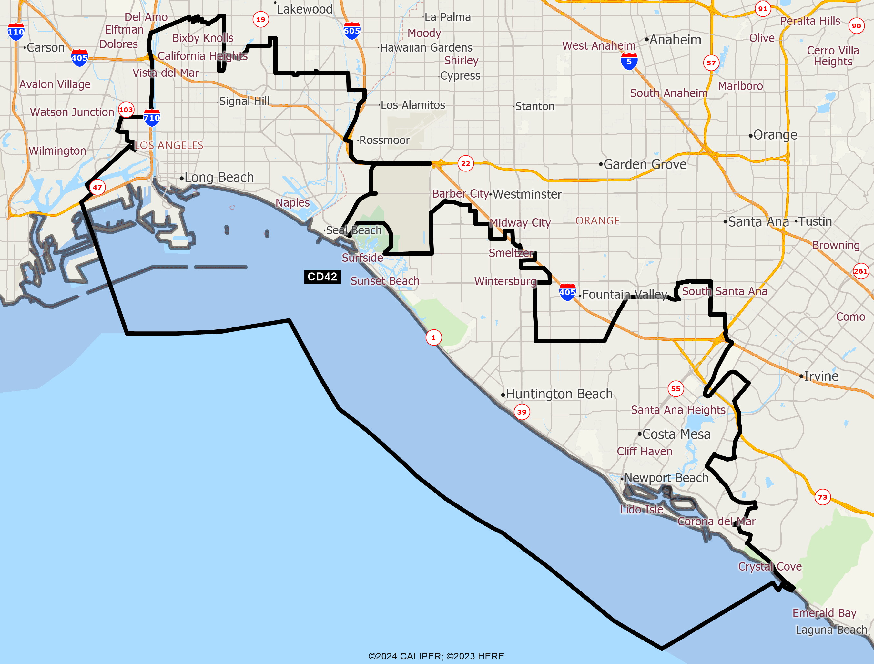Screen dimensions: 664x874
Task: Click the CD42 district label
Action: (x=322, y=277)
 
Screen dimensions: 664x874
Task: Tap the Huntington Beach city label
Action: (x=559, y=394)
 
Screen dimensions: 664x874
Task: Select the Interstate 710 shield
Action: (x=152, y=117)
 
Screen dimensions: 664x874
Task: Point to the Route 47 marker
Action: (x=97, y=187)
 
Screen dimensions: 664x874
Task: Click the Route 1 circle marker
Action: (x=434, y=337)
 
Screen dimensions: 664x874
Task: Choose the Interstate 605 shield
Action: (x=352, y=31)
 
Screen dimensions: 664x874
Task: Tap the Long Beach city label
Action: (x=219, y=178)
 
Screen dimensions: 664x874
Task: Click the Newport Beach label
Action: (x=666, y=478)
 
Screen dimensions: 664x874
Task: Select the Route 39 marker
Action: (x=522, y=412)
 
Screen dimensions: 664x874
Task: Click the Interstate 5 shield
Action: (x=629, y=62)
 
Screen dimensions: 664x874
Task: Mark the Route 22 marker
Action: (x=466, y=163)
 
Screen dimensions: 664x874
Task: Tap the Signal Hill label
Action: (x=244, y=101)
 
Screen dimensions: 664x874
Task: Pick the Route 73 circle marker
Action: (x=823, y=497)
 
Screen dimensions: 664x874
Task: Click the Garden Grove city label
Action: (x=645, y=164)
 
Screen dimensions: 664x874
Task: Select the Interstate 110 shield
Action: (x=16, y=32)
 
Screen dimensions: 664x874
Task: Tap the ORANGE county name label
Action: (x=597, y=220)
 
